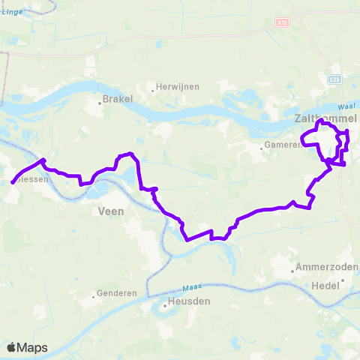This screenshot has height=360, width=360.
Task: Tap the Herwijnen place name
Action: pyautogui.click(x=178, y=86)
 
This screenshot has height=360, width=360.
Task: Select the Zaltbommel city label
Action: pyautogui.click(x=325, y=118)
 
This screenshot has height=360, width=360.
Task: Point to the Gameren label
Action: pyautogui.click(x=281, y=145)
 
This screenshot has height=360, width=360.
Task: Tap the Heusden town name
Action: pyautogui.click(x=191, y=301)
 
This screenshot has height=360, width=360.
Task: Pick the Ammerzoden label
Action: pyautogui.click(x=326, y=267)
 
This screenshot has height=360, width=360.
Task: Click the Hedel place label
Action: pyautogui.click(x=327, y=285)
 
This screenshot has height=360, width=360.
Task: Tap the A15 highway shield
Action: pyautogui.click(x=281, y=24)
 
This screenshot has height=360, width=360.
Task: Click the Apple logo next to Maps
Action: pyautogui.click(x=11, y=347)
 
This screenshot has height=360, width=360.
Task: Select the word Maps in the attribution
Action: pyautogui.click(x=32, y=347)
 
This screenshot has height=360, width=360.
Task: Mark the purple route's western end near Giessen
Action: pyautogui.click(x=13, y=181)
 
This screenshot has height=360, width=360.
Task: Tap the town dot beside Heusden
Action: pyautogui.click(x=166, y=306)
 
